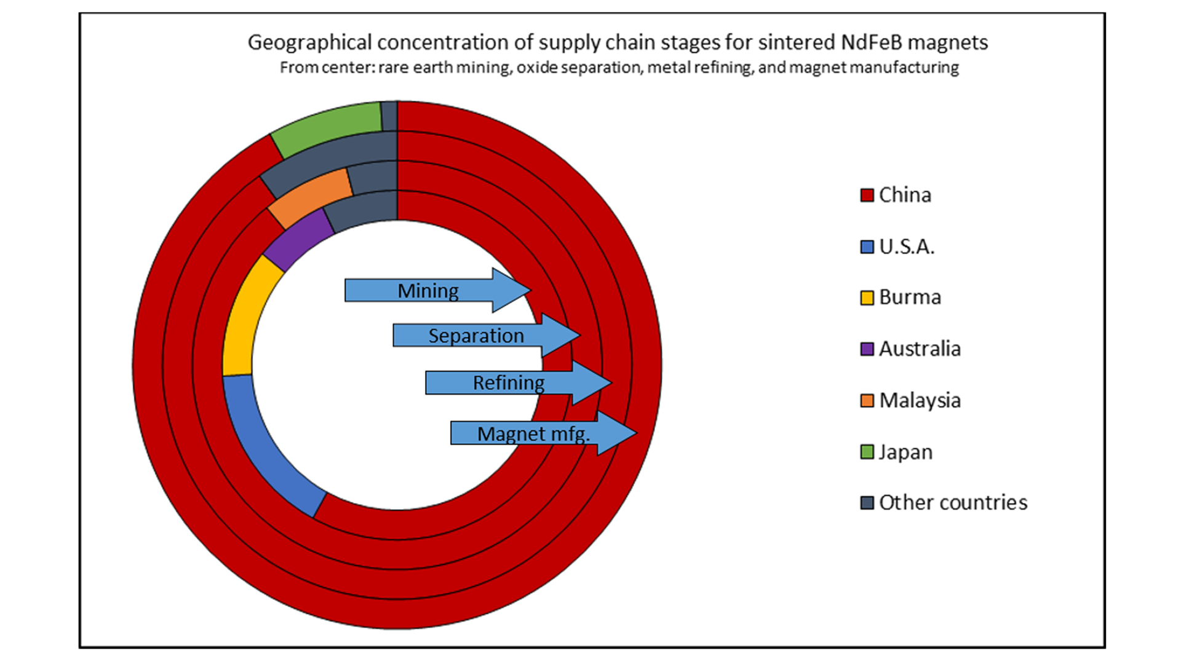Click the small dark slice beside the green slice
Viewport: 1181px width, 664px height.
click(389, 116)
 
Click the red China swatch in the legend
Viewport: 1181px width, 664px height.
click(867, 196)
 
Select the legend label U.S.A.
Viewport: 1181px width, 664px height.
click(907, 247)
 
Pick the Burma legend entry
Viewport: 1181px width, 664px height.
click(909, 298)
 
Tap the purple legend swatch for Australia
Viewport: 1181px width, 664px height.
click(867, 349)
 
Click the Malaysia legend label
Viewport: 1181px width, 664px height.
click(920, 400)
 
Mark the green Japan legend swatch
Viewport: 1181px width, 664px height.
click(867, 452)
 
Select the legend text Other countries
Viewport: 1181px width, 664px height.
click(953, 503)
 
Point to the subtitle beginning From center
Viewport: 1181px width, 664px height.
click(619, 67)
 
